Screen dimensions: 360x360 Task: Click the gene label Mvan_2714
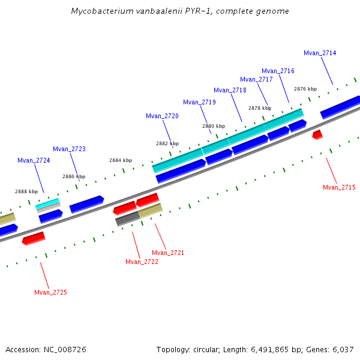320,53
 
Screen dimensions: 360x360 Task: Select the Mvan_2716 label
278,71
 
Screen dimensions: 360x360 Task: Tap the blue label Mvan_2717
256,79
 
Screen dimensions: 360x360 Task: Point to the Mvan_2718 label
230,90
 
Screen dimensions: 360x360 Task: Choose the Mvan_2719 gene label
199,102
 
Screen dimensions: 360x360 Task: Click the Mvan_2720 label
162,116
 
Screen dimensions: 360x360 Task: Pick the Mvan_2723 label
69,149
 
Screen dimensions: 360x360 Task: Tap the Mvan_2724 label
34,160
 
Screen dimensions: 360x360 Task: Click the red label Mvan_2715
339,187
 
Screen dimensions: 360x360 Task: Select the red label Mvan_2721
168,253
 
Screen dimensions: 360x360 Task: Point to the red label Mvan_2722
142,262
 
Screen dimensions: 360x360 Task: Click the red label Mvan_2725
50,292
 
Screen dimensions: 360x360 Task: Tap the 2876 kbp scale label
305,89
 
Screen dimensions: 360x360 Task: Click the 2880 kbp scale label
213,126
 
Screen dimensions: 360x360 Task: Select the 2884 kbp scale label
120,160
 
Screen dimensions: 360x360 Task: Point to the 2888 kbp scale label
26,191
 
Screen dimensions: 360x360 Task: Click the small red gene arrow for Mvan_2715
317,135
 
